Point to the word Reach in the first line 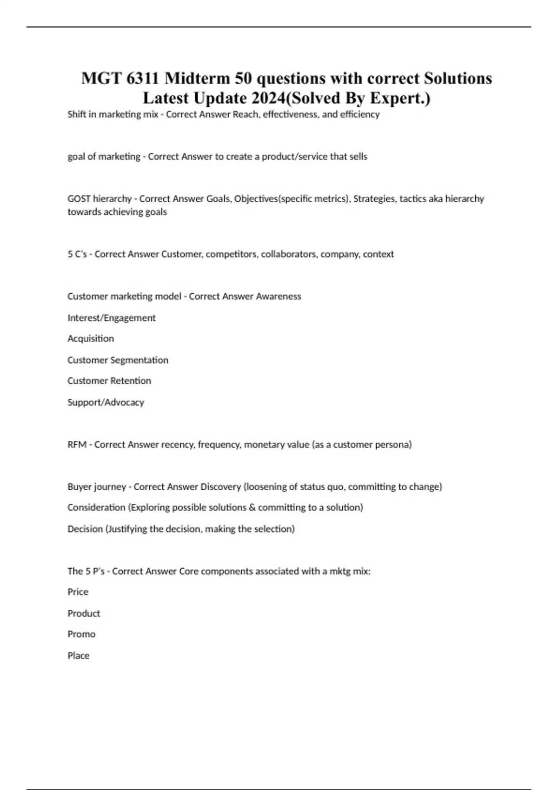pyautogui.click(x=246, y=114)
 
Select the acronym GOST pyautogui.click(x=79, y=199)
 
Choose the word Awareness pyautogui.click(x=278, y=296)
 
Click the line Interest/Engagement pyautogui.click(x=112, y=318)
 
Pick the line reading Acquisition pyautogui.click(x=91, y=339)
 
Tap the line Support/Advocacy pyautogui.click(x=106, y=402)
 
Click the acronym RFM pyautogui.click(x=77, y=445)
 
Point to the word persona pyautogui.click(x=393, y=445)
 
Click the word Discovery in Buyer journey pyautogui.click(x=221, y=487)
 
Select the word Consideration pyautogui.click(x=96, y=507)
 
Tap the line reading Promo pyautogui.click(x=81, y=634)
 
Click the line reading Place pyautogui.click(x=79, y=656)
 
